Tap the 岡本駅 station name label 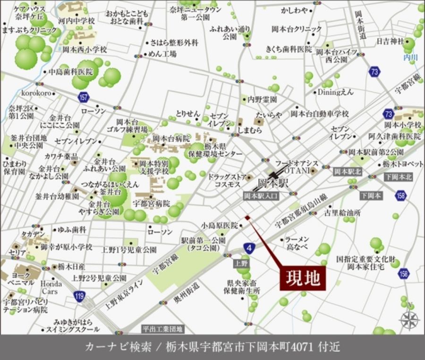[273, 183]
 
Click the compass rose [408, 320]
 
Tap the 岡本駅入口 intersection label [261, 195]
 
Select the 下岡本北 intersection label [398, 177]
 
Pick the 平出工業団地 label [163, 329]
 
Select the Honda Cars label [51, 287]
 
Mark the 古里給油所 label [342, 213]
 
